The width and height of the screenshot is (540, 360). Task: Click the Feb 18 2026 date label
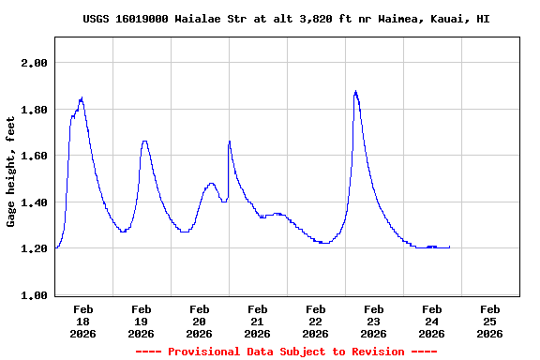point(83,321)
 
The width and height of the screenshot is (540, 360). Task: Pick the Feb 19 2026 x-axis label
point(142,321)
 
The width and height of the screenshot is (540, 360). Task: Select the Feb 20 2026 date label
point(200,321)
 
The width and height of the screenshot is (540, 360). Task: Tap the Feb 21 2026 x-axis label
point(258,321)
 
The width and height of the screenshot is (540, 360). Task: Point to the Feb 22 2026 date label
point(316,321)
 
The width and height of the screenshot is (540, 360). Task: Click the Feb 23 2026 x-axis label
point(374,321)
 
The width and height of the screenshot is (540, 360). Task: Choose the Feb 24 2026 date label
point(432,321)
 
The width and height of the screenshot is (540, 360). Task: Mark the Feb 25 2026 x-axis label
point(490,321)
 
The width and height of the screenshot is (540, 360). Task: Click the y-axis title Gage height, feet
point(12,171)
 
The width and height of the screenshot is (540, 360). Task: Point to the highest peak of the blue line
point(355,92)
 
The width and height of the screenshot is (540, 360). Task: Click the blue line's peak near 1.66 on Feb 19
point(144,142)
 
